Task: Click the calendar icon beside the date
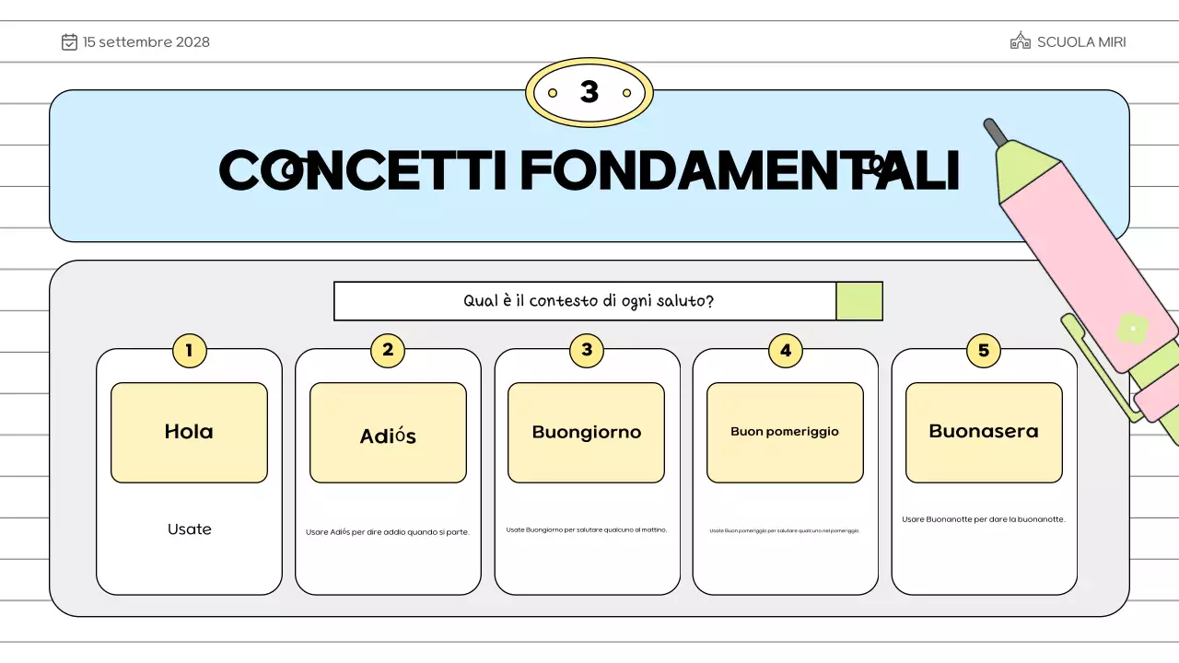coord(69,41)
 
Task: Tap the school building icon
coord(1020,41)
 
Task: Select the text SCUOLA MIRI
coord(1081,42)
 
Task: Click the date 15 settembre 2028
coord(146,42)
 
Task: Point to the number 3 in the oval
coord(589,92)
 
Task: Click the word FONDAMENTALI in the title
coord(740,170)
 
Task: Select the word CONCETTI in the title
coord(363,170)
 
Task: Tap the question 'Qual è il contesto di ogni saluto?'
coord(588,301)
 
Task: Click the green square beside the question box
coord(859,301)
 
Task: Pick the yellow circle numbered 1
coord(189,350)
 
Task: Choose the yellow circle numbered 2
coord(388,350)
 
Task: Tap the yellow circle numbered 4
coord(785,350)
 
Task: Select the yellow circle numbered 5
coord(984,350)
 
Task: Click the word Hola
coord(189,431)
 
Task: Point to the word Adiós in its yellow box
coord(388,436)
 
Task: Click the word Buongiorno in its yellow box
coord(587,432)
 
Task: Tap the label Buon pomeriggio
coord(785,431)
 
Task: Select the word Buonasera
coord(984,431)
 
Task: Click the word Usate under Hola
coord(190,529)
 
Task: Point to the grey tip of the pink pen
coord(995,132)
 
